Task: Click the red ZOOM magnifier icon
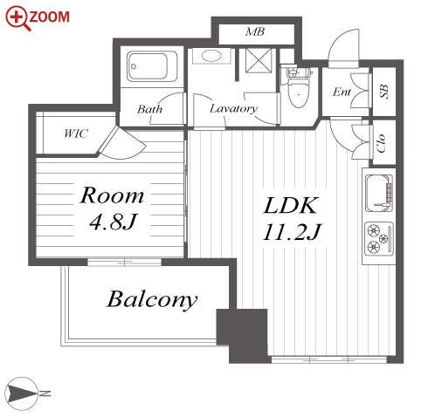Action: (17, 18)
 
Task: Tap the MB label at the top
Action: (255, 31)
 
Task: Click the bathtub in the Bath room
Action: (152, 66)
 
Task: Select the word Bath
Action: (149, 109)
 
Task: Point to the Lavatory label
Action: (233, 108)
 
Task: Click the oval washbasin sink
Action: (211, 56)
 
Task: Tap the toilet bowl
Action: (298, 92)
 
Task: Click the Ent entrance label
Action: (342, 92)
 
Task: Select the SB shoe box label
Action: (384, 92)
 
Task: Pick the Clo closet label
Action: (381, 143)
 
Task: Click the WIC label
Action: (76, 133)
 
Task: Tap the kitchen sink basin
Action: (379, 193)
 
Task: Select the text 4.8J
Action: (113, 222)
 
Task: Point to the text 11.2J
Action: (292, 232)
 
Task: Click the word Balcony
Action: (152, 299)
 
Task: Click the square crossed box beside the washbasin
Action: (259, 60)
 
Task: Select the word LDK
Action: (290, 206)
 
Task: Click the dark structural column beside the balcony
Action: (242, 335)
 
